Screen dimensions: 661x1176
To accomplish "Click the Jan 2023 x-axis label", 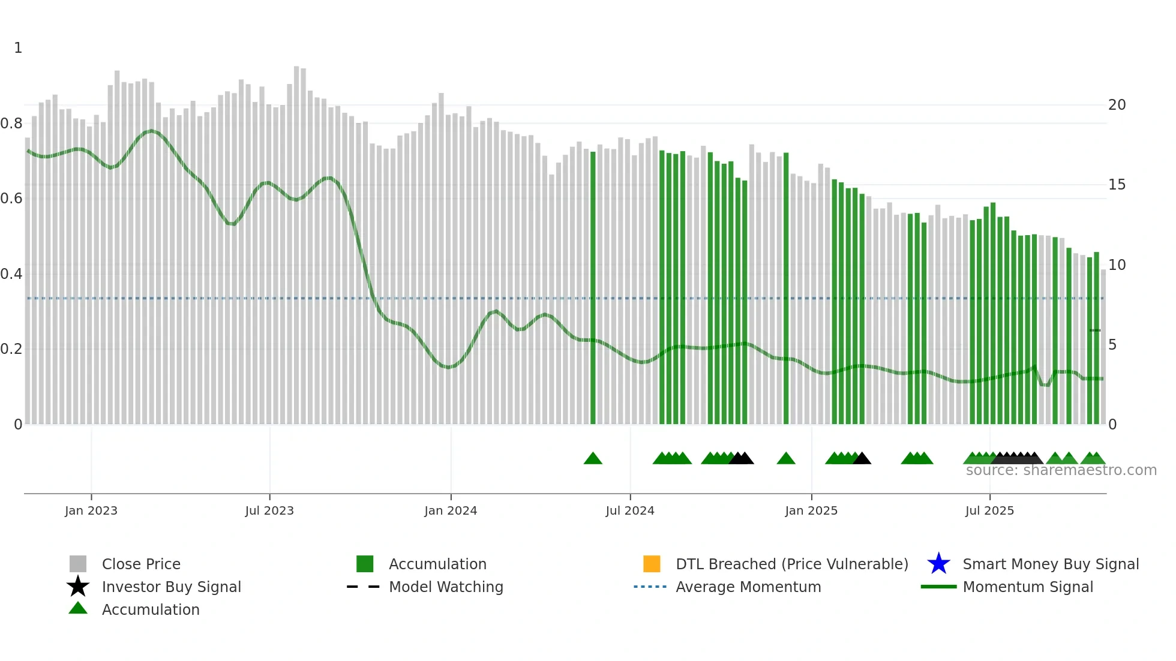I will coord(91,510).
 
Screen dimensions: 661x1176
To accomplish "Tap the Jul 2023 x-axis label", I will coord(269,510).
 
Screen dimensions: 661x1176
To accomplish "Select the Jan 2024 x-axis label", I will coord(451,510).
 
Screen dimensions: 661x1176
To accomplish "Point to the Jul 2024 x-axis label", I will coord(630,510).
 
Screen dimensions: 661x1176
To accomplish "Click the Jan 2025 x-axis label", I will coord(811,510).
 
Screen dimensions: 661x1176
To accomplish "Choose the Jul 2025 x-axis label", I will coord(989,510).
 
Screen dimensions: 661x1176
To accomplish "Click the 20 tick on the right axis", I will coord(1117,105).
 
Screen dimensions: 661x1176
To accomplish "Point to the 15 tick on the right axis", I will coord(1117,185).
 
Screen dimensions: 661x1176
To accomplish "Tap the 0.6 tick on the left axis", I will coord(11,199).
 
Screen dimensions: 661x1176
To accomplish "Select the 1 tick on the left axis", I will coord(18,48).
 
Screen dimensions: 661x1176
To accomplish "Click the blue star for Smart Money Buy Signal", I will coord(938,564).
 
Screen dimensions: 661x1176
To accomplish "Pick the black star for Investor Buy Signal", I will coord(78,587).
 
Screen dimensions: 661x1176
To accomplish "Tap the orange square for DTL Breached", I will coord(652,564).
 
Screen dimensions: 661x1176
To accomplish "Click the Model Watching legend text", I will coord(446,587).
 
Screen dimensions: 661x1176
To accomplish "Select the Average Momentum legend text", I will coord(748,587).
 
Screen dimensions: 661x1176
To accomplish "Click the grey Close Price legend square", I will coord(78,564).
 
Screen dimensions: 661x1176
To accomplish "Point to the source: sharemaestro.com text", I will coord(1061,470).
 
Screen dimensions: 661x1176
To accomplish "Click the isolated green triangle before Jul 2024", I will coord(593,459).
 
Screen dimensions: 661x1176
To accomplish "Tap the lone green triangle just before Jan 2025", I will coord(786,459).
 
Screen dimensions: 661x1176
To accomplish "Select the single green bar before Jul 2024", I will coord(593,288).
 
